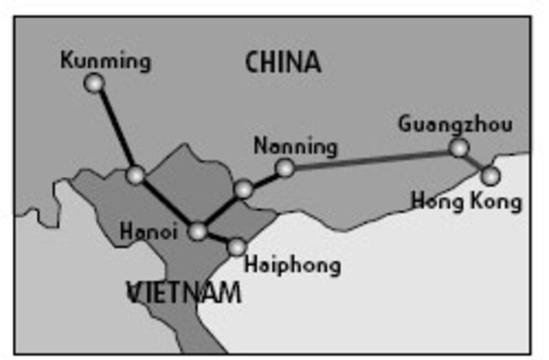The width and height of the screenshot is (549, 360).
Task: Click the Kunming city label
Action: [x=106, y=61]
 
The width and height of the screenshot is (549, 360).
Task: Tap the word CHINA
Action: [x=282, y=62]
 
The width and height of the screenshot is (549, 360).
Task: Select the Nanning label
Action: [x=296, y=147]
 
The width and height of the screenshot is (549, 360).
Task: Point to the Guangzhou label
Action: [x=455, y=124]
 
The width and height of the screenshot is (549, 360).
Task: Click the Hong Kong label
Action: [x=466, y=202]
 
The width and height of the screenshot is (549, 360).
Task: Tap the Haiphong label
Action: [x=292, y=265]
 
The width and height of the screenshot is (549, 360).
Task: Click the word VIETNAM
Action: [x=184, y=293]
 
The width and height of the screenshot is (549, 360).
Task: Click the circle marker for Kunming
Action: [x=94, y=83]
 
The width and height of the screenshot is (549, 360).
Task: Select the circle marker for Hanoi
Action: [x=198, y=231]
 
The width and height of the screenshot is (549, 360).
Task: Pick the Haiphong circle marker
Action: [x=237, y=248]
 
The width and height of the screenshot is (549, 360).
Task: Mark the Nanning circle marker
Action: [x=285, y=168]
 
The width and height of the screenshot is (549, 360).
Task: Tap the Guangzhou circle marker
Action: [x=460, y=148]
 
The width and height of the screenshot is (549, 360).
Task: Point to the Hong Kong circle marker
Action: [x=490, y=176]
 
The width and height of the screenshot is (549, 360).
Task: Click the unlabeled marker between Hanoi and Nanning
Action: [x=244, y=189]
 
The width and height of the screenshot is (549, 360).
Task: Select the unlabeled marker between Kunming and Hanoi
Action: [x=136, y=176]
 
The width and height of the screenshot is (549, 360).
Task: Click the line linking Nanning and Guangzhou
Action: [x=372, y=159]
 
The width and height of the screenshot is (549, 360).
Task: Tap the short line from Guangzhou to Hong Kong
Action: [x=475, y=162]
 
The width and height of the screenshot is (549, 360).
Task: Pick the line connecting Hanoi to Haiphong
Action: [x=218, y=240]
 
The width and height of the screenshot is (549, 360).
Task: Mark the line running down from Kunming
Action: [x=115, y=129]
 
